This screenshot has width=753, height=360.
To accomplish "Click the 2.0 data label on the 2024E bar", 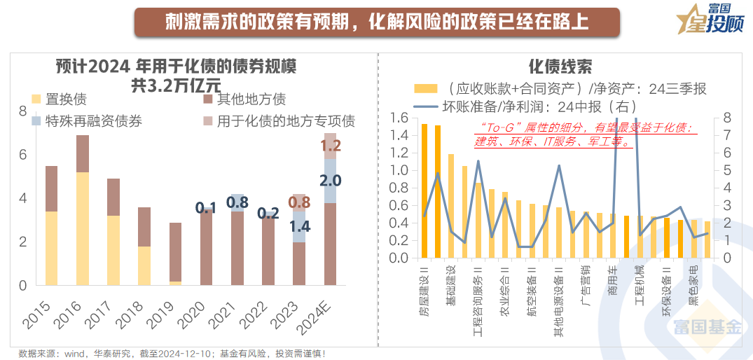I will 331,181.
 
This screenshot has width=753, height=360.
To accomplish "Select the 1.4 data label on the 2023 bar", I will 300,226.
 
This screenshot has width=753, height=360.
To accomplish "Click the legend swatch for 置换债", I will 36,99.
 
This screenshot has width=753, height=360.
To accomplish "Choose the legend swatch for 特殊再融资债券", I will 36,121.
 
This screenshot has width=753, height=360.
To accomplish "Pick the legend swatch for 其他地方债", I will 208,99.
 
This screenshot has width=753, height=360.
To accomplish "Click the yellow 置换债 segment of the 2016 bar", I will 83,228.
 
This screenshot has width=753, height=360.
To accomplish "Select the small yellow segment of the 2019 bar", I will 175,282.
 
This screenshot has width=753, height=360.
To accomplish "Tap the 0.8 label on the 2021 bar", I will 237,203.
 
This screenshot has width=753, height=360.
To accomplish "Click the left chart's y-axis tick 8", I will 22,111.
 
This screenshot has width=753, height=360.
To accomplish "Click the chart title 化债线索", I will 560,67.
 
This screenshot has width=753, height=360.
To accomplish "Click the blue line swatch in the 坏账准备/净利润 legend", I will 425,107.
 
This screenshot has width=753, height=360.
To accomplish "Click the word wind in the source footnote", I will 74,353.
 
